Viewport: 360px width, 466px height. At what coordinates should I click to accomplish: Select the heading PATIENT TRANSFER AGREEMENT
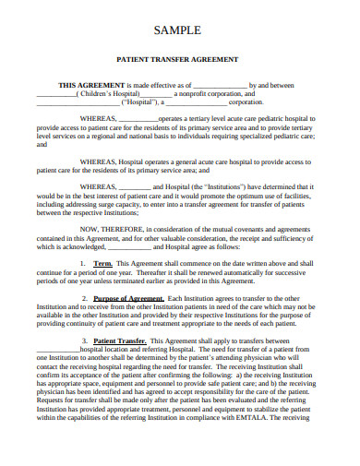coord(180,59)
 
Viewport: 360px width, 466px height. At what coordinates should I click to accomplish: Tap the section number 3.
coord(83,341)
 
